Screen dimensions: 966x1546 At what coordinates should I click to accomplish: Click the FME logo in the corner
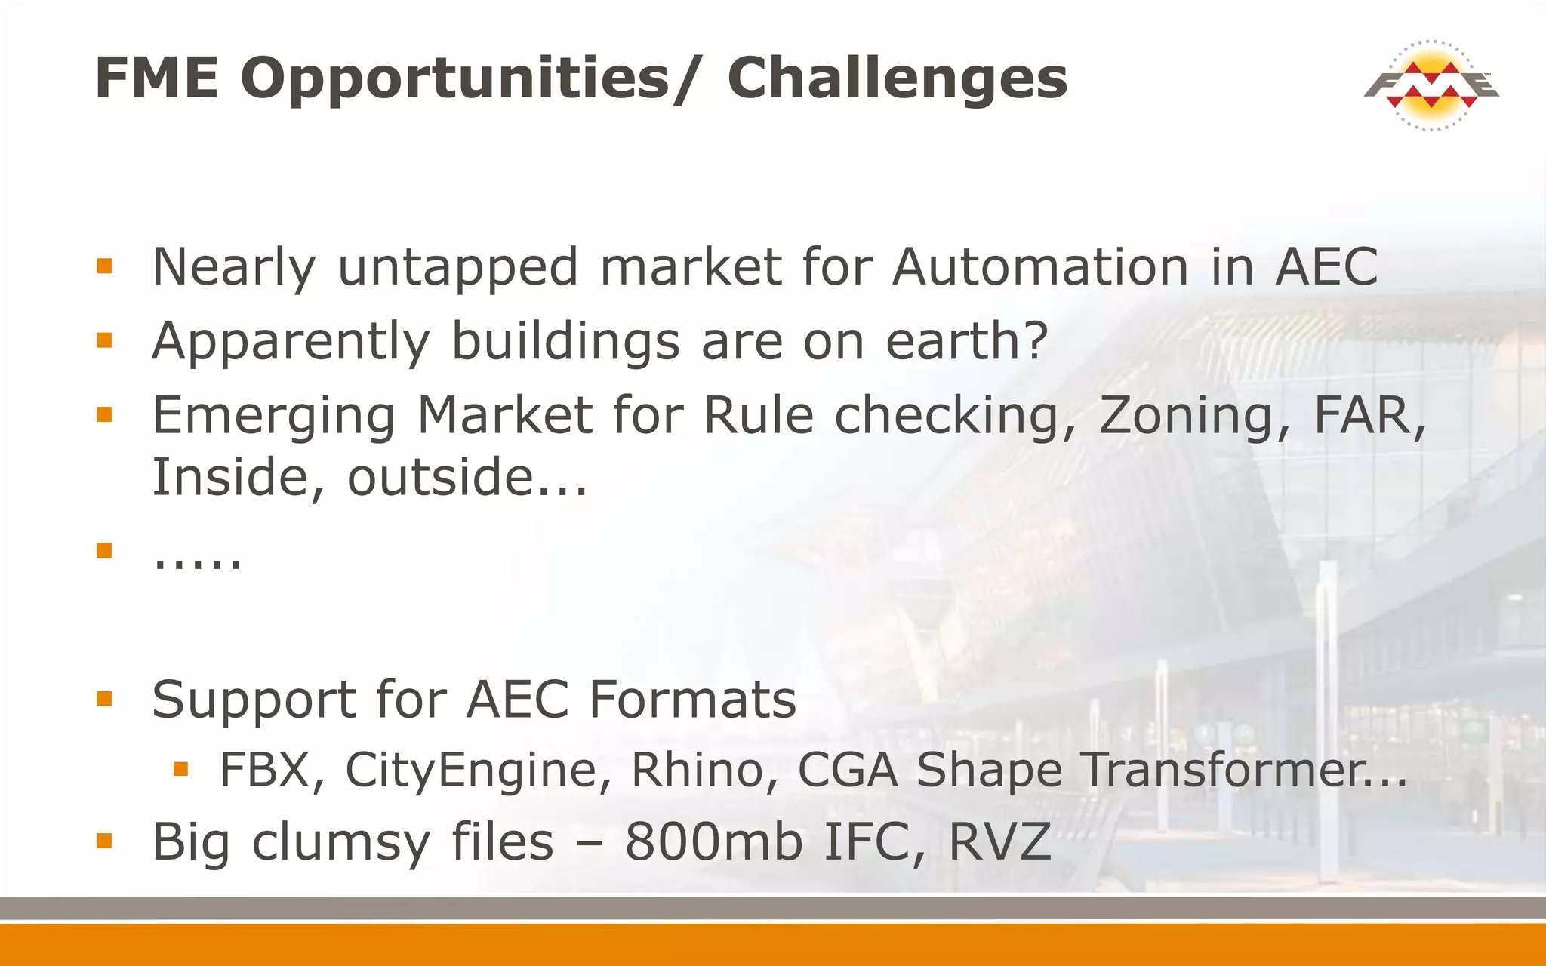coord(1431,85)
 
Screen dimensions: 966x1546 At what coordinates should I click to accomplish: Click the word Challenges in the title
coord(897,78)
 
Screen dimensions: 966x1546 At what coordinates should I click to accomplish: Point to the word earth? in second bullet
coord(967,341)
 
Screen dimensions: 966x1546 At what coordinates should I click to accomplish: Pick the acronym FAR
coord(1368,416)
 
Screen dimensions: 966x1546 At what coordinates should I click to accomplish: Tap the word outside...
coord(467,478)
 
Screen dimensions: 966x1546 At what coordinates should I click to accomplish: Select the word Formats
coord(692,699)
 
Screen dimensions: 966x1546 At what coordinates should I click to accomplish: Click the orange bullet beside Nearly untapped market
coord(105,266)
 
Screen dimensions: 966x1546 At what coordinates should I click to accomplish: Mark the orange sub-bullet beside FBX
coord(180,769)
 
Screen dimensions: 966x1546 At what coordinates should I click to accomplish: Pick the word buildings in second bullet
coord(565,341)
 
